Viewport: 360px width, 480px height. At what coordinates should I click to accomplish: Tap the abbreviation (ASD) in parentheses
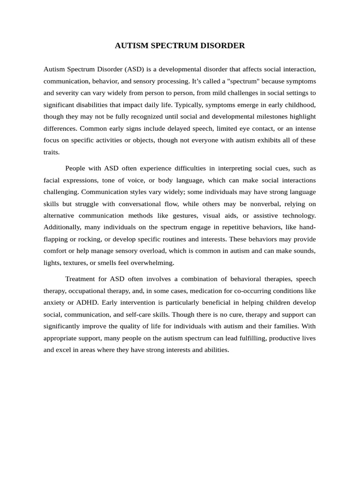click(x=135, y=69)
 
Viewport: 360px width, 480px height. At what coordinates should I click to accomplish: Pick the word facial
click(x=52, y=180)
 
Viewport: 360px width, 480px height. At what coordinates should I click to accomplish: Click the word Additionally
click(x=63, y=227)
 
